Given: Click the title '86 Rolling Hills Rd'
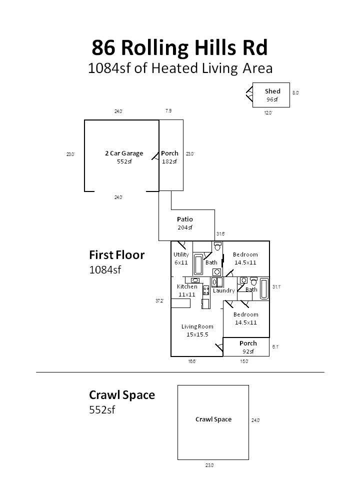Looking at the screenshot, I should coord(179,48).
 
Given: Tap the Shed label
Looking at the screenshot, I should coord(272,91).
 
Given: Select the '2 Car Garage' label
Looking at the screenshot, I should coord(124,153).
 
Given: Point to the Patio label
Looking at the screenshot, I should coord(184,219).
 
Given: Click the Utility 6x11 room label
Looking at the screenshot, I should coord(181,258).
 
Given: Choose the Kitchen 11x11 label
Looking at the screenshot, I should coord(186,290).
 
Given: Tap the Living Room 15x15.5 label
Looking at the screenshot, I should coord(197,330).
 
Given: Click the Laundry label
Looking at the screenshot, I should coord(223,290).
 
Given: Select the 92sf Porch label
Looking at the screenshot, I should coord(248,347).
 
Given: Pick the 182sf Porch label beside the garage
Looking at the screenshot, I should coord(169,157).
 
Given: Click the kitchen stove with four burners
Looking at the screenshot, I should coord(206,290).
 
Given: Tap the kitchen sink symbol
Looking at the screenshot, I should coord(195,280).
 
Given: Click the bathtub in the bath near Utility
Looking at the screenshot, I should coord(198,264).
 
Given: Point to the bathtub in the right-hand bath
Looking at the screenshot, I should coord(264,288).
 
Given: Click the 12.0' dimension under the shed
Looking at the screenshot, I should coord(268,113).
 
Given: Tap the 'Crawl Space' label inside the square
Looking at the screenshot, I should coord(213,419).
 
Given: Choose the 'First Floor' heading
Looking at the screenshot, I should coord(116,255).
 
